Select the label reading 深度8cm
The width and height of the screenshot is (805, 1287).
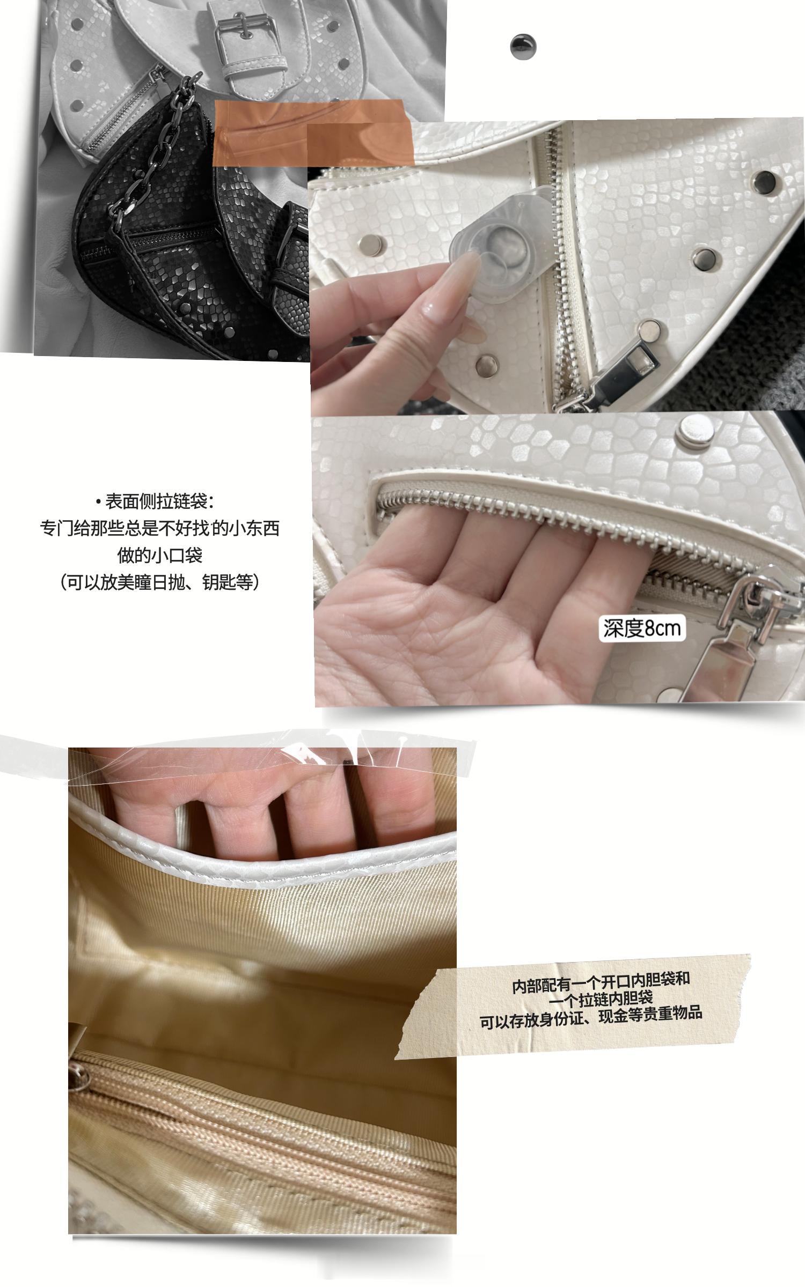tap(642, 628)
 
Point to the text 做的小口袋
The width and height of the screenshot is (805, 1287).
tap(160, 554)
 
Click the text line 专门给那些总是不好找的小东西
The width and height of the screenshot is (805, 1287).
tap(160, 528)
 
